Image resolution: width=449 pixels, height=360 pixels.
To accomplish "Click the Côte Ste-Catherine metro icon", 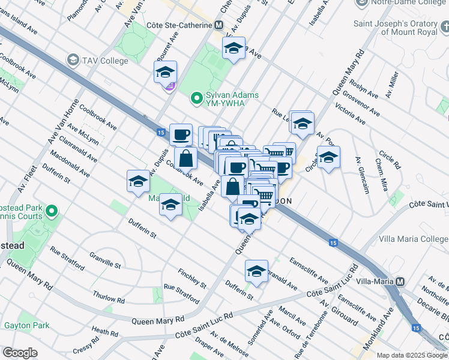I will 219,26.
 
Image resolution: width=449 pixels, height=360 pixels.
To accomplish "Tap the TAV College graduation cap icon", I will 73,59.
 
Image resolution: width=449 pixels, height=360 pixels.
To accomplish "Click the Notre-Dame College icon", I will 362,4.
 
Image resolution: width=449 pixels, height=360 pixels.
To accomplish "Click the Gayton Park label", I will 26,326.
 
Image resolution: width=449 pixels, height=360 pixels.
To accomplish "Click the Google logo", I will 20,353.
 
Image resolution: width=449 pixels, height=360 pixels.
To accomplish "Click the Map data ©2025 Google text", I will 411,355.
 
